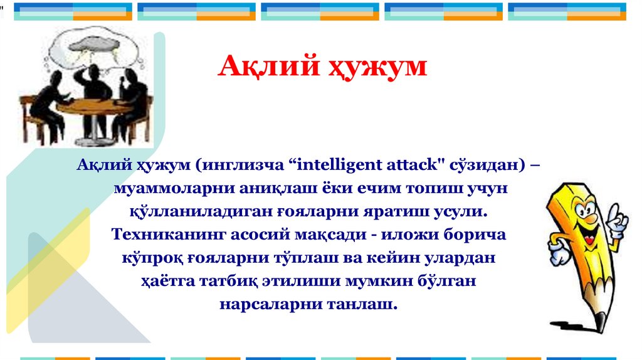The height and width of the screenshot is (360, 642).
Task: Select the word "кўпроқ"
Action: (x=152, y=258)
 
